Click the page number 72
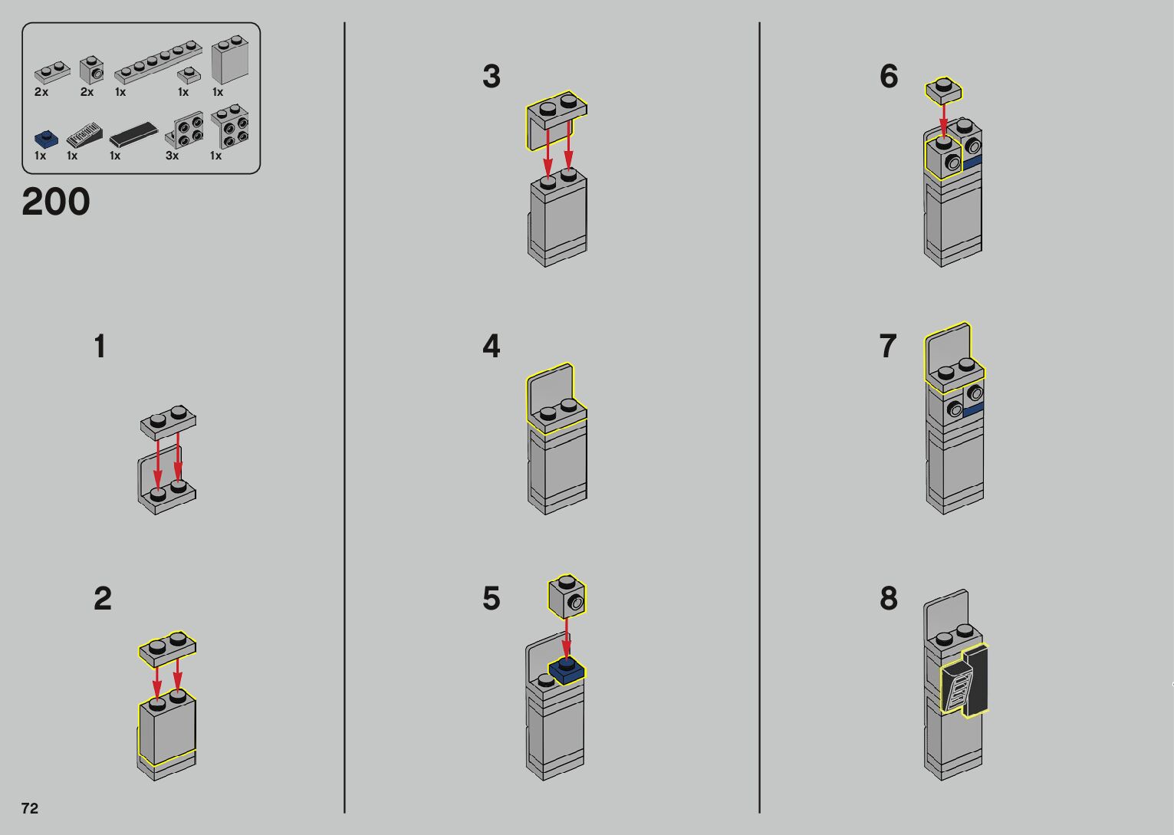coord(29,808)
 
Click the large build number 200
coord(56,202)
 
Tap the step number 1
coord(100,347)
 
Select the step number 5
coord(491,599)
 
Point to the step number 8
coord(888,599)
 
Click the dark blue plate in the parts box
coord(46,140)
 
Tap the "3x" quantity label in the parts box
coord(173,156)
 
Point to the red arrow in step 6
coord(943,121)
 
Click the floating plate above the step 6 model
coord(944,90)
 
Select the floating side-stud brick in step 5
coord(567,597)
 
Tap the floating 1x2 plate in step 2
coord(167,648)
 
